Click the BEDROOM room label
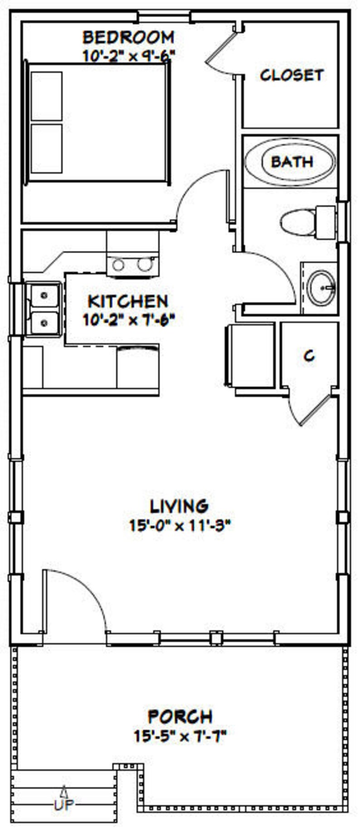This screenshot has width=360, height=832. (x=128, y=36)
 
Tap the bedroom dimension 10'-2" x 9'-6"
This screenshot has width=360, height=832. (x=128, y=55)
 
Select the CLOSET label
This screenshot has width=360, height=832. (x=292, y=75)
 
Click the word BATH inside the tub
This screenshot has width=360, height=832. (x=292, y=161)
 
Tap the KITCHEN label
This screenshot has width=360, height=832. (x=128, y=301)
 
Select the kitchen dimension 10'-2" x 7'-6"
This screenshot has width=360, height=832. (x=128, y=320)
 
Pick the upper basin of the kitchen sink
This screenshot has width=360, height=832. (x=44, y=295)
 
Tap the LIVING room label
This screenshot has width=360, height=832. (x=179, y=505)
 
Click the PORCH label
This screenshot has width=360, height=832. (x=180, y=717)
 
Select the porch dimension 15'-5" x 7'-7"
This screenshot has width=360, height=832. (x=180, y=736)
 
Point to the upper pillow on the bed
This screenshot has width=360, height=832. (x=47, y=96)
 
